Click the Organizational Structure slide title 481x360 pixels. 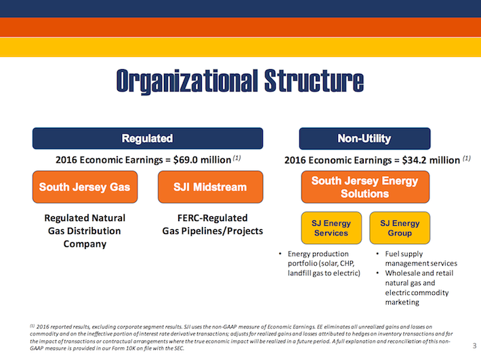pyautogui.click(x=240, y=81)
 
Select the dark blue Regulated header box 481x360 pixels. pyautogui.click(x=147, y=138)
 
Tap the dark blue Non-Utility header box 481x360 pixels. pyautogui.click(x=364, y=138)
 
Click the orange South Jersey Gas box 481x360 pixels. pyautogui.click(x=85, y=186)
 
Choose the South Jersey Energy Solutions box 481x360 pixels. pyautogui.click(x=364, y=187)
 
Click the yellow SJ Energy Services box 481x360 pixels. pyautogui.click(x=331, y=228)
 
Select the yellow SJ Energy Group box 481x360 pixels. pyautogui.click(x=400, y=228)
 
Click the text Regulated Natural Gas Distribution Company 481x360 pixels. pyautogui.click(x=85, y=231)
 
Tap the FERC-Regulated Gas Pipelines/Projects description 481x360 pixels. pyautogui.click(x=205, y=224)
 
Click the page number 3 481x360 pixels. pyautogui.click(x=474, y=346)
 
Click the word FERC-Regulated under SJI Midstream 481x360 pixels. pyautogui.click(x=205, y=218)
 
